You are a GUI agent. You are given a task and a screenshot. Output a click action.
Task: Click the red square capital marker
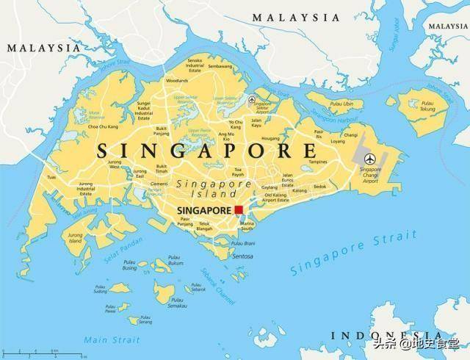click(239, 209)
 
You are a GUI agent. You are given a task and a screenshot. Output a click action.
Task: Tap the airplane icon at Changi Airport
click(369, 158)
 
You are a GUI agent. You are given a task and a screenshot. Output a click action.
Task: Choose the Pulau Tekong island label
click(422, 106)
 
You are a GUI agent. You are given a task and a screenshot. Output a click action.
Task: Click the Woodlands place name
click(176, 80)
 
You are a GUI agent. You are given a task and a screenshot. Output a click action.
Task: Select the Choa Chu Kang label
click(104, 127)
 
